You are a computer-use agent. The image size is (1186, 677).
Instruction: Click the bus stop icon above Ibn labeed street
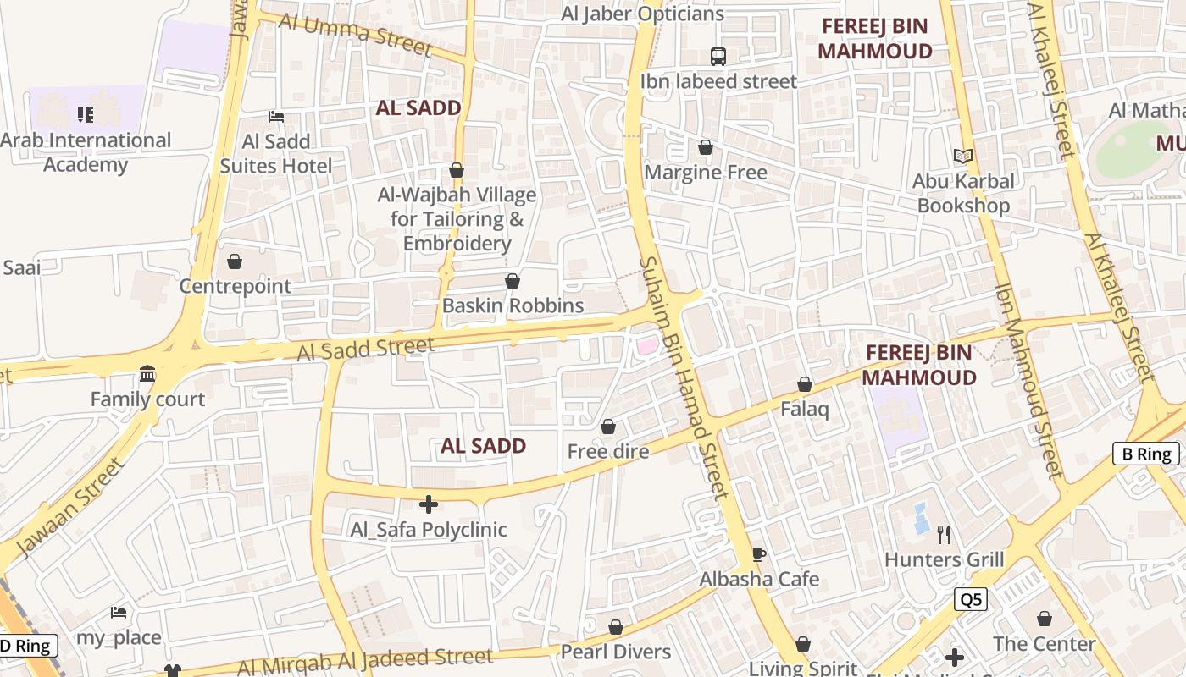pyautogui.click(x=718, y=57)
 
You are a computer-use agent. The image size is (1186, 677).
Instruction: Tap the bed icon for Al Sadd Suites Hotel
pyautogui.click(x=276, y=117)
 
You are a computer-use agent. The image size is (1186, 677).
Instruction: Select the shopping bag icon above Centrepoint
pyautogui.click(x=235, y=261)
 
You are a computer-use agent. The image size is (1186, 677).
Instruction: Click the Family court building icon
pyautogui.click(x=147, y=374)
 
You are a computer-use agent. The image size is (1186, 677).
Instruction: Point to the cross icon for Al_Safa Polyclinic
pyautogui.click(x=429, y=505)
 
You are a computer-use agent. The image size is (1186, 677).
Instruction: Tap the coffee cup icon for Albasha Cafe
pyautogui.click(x=759, y=555)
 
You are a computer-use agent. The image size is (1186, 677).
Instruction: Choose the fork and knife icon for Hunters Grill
pyautogui.click(x=945, y=535)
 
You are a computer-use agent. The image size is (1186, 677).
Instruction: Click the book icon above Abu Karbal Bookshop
pyautogui.click(x=963, y=156)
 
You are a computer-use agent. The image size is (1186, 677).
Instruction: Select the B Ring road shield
pyautogui.click(x=1146, y=454)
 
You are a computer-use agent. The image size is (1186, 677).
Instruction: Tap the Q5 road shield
pyautogui.click(x=970, y=599)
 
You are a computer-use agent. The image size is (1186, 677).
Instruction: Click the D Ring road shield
pyautogui.click(x=25, y=647)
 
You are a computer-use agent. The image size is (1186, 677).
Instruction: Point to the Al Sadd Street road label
pyautogui.click(x=366, y=349)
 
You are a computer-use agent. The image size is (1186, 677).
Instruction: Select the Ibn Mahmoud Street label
pyautogui.click(x=1028, y=381)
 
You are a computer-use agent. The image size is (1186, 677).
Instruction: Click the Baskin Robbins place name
pyautogui.click(x=513, y=305)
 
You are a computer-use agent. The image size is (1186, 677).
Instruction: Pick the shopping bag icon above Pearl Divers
pyautogui.click(x=616, y=627)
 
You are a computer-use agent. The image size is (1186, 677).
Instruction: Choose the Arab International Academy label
pyautogui.click(x=86, y=152)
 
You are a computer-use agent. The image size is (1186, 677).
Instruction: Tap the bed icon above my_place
pyautogui.click(x=119, y=613)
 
